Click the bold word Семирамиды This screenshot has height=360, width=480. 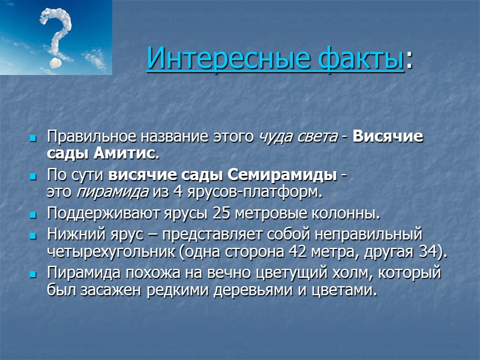tap(282, 176)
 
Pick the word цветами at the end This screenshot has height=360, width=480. tap(352, 291)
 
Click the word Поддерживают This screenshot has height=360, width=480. tap(96, 214)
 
